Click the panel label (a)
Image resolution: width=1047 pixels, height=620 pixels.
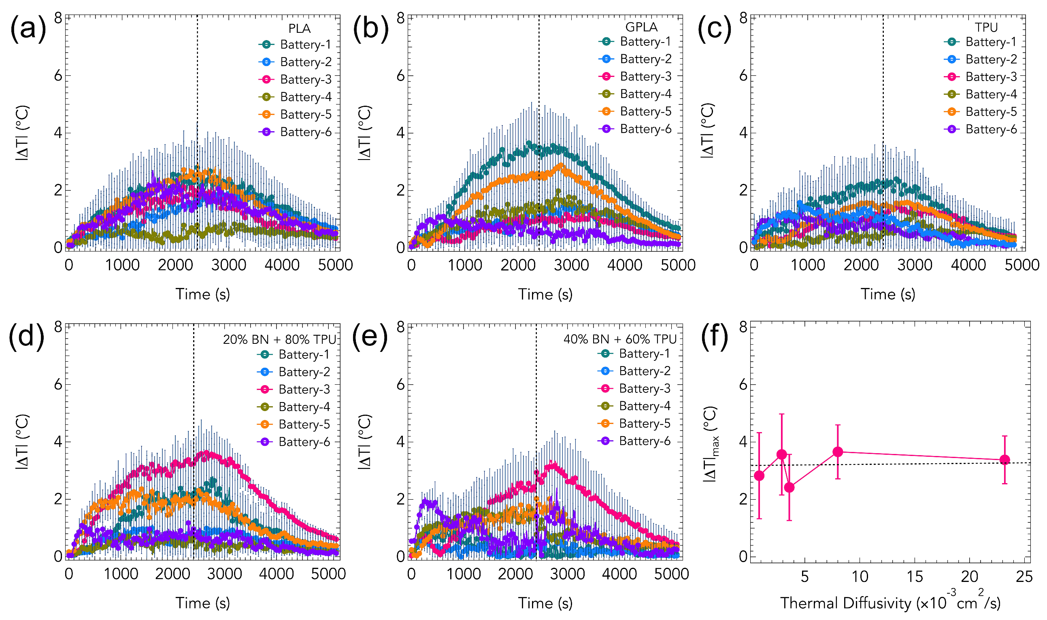(28, 30)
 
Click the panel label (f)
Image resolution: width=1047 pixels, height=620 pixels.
(714, 337)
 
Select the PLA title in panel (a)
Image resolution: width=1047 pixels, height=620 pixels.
(300, 28)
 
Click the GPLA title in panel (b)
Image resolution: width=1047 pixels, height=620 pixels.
(641, 27)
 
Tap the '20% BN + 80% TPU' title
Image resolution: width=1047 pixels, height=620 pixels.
(279, 339)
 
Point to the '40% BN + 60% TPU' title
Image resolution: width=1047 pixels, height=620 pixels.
(620, 339)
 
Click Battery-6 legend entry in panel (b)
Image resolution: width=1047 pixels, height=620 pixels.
(636, 129)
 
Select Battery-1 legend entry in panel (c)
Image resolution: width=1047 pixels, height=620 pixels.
(981, 42)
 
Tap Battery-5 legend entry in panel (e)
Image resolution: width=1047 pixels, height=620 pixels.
(634, 424)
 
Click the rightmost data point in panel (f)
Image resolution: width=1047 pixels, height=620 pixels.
(1004, 460)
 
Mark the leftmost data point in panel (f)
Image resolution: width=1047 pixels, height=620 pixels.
(759, 476)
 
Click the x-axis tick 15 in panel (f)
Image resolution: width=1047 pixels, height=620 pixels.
(915, 577)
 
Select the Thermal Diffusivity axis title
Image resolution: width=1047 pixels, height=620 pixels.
(890, 603)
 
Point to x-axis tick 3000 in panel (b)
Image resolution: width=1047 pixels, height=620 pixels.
(571, 265)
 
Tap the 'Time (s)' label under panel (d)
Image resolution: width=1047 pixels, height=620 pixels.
(202, 603)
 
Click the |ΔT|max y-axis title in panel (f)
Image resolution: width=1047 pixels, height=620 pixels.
(711, 445)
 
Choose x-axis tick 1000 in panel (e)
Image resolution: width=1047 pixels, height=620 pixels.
(464, 573)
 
